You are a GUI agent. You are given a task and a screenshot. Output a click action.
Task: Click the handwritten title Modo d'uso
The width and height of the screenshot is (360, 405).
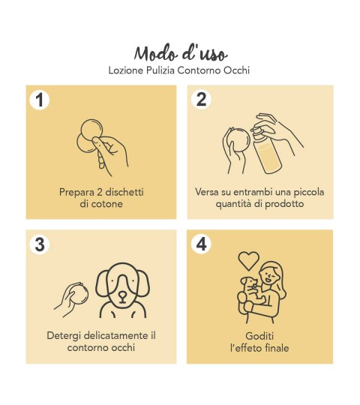click(x=181, y=53)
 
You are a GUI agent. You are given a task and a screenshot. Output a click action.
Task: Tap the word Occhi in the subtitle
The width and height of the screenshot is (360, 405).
click(x=236, y=70)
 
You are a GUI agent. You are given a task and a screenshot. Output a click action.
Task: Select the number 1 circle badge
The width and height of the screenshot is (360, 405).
click(x=40, y=100)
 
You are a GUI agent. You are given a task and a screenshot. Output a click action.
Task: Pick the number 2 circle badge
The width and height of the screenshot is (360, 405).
click(x=201, y=99)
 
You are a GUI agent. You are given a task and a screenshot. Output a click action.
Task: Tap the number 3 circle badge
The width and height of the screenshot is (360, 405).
click(x=40, y=244)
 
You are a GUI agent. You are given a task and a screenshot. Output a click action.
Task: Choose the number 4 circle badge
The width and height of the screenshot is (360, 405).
click(x=201, y=244)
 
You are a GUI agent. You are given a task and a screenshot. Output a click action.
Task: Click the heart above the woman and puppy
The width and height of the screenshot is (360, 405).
click(x=248, y=260)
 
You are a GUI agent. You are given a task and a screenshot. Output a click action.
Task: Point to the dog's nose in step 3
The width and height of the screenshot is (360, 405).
click(x=122, y=295)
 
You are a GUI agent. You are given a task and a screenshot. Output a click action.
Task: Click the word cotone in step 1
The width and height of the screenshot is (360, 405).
click(x=107, y=204)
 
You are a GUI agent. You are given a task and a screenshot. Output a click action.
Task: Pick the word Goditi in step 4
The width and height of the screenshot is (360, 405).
click(x=259, y=336)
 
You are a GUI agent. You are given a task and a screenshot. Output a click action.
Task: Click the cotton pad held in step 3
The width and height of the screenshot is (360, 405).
click(x=79, y=294)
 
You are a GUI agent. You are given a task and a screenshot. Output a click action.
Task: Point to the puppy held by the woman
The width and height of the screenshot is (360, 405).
click(x=252, y=290)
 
